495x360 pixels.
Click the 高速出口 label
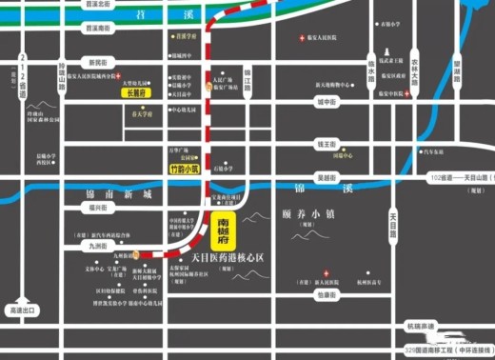21,310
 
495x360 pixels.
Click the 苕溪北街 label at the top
98,5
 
